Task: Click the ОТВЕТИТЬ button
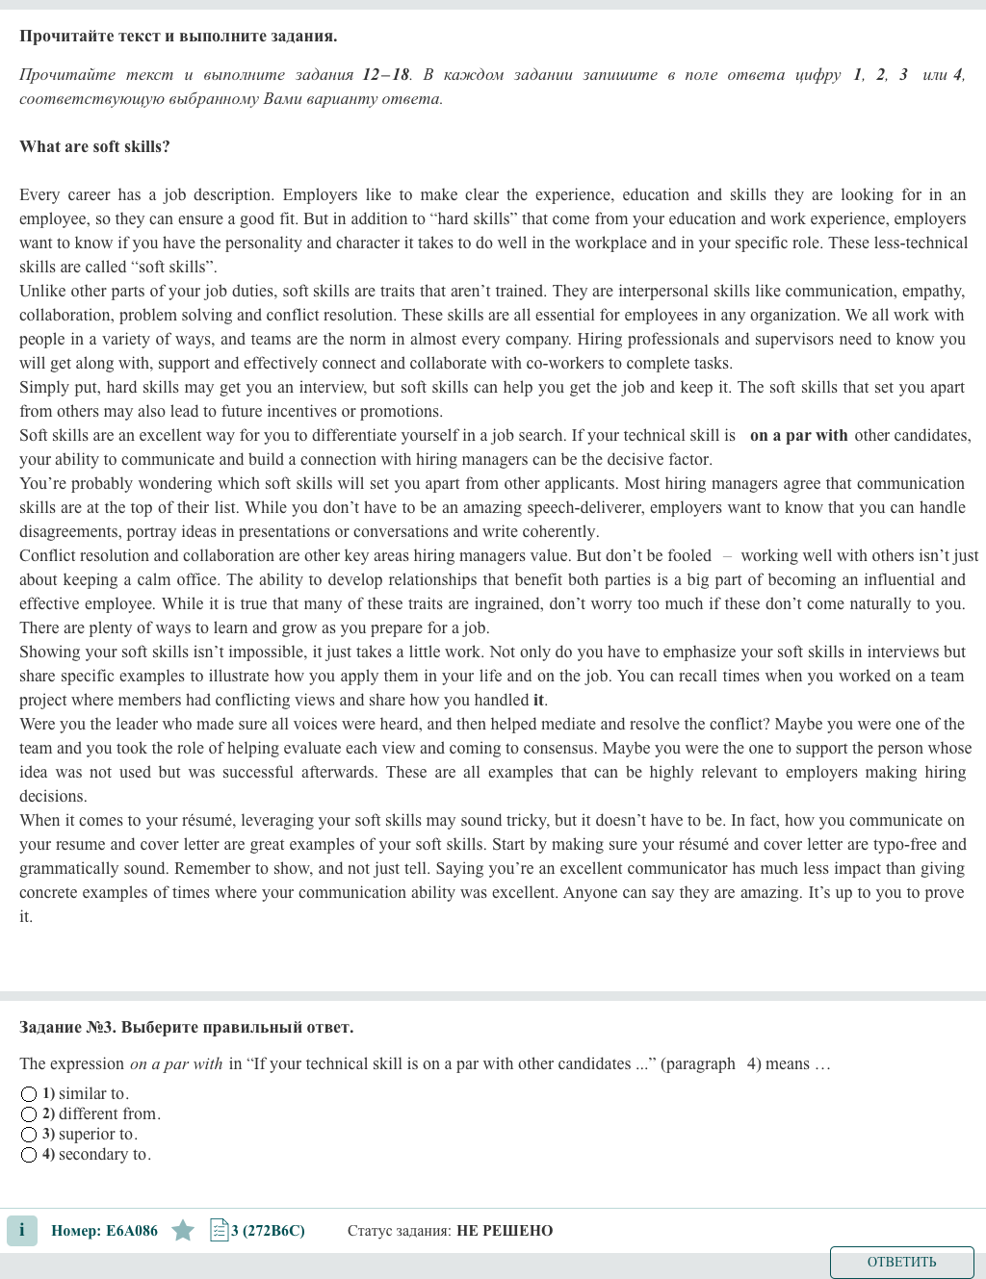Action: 901,1262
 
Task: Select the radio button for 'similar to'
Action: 29,1094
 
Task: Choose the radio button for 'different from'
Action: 29,1114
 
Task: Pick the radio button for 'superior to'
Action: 29,1135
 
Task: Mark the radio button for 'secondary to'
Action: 29,1155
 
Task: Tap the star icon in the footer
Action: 183,1231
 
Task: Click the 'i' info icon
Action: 22,1231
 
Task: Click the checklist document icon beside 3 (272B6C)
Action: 219,1230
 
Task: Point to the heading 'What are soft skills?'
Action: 94,146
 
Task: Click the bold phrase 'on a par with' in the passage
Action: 798,435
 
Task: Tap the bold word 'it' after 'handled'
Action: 538,700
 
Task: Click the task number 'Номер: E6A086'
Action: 104,1231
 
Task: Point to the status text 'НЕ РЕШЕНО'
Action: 505,1231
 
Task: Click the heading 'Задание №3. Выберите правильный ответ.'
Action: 186,1027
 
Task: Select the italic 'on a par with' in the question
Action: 175,1063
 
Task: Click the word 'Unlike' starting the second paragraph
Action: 41,291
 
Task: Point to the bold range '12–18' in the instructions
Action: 385,74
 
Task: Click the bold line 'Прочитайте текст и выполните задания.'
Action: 178,36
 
